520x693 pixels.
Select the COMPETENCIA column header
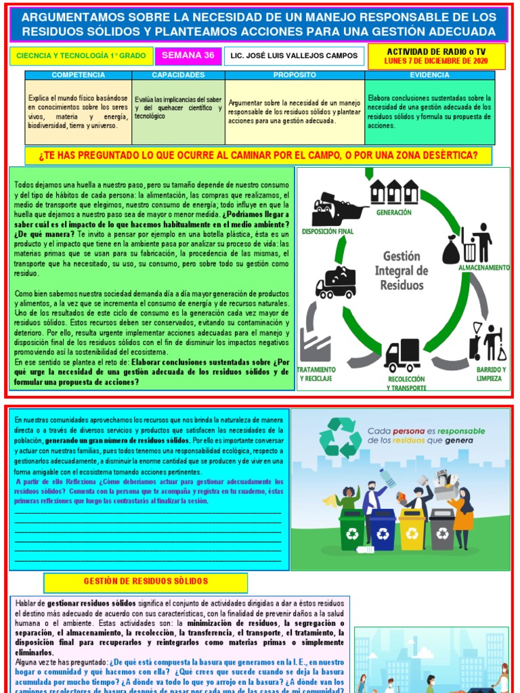pos(78,74)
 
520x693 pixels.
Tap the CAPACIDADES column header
pos(178,74)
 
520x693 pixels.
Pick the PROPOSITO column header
pos(295,74)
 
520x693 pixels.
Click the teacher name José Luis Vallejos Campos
pos(295,56)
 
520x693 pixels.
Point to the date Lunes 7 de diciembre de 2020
pos(436,61)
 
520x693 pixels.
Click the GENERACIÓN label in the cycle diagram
pos(393,213)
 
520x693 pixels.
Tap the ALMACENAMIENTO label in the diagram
pos(483,268)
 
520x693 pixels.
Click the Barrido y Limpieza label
pos(490,374)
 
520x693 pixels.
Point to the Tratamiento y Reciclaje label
pos(317,374)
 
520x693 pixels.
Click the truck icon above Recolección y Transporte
pos(402,355)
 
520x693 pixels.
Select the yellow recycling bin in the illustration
pos(412,529)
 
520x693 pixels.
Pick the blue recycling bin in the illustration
pos(382,529)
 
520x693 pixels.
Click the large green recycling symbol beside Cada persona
pos(341,439)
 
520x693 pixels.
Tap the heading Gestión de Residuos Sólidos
pos(146,581)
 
